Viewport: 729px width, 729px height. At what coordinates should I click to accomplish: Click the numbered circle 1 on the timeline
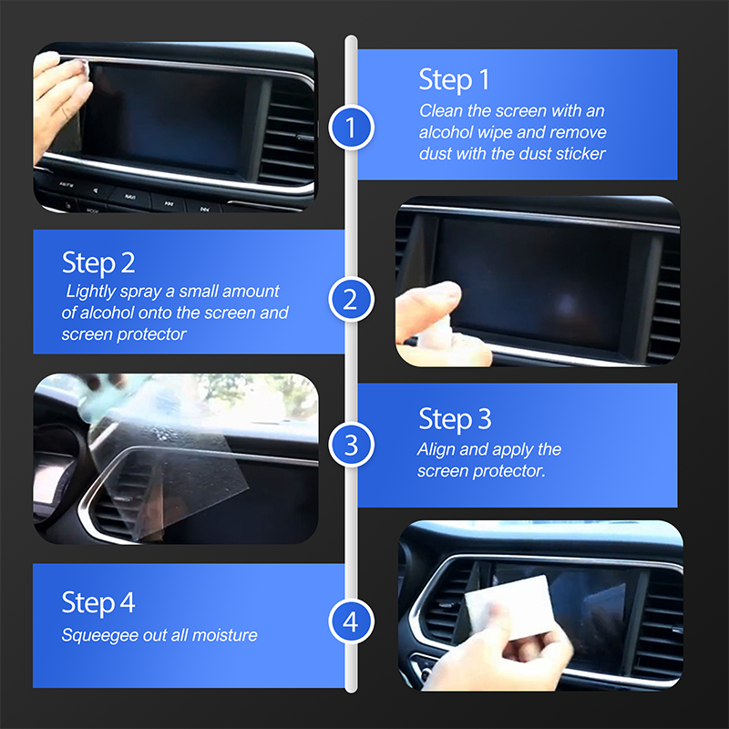click(x=351, y=128)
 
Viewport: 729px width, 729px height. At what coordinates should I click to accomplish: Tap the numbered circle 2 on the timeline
click(x=351, y=299)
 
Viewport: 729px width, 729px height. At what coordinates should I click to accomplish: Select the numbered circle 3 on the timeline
click(x=351, y=445)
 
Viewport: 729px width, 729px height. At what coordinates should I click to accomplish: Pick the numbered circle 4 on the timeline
click(x=351, y=621)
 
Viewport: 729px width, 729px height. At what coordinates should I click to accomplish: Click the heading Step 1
click(x=454, y=80)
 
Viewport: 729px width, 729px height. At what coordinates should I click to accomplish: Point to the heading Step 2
click(x=98, y=262)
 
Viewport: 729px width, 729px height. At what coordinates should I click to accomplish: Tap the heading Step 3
click(x=455, y=419)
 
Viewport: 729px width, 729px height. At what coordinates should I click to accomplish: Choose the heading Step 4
click(x=98, y=602)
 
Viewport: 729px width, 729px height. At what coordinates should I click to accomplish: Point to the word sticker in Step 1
click(x=582, y=153)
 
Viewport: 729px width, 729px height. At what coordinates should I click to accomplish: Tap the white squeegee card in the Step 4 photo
click(x=509, y=607)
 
